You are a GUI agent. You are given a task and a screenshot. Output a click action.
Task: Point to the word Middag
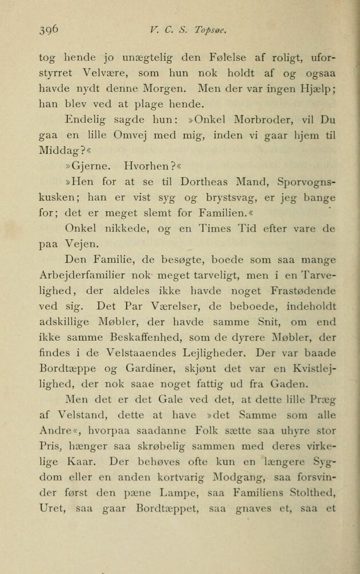click(x=58, y=152)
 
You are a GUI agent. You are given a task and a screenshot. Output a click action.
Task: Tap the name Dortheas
click(x=203, y=182)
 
